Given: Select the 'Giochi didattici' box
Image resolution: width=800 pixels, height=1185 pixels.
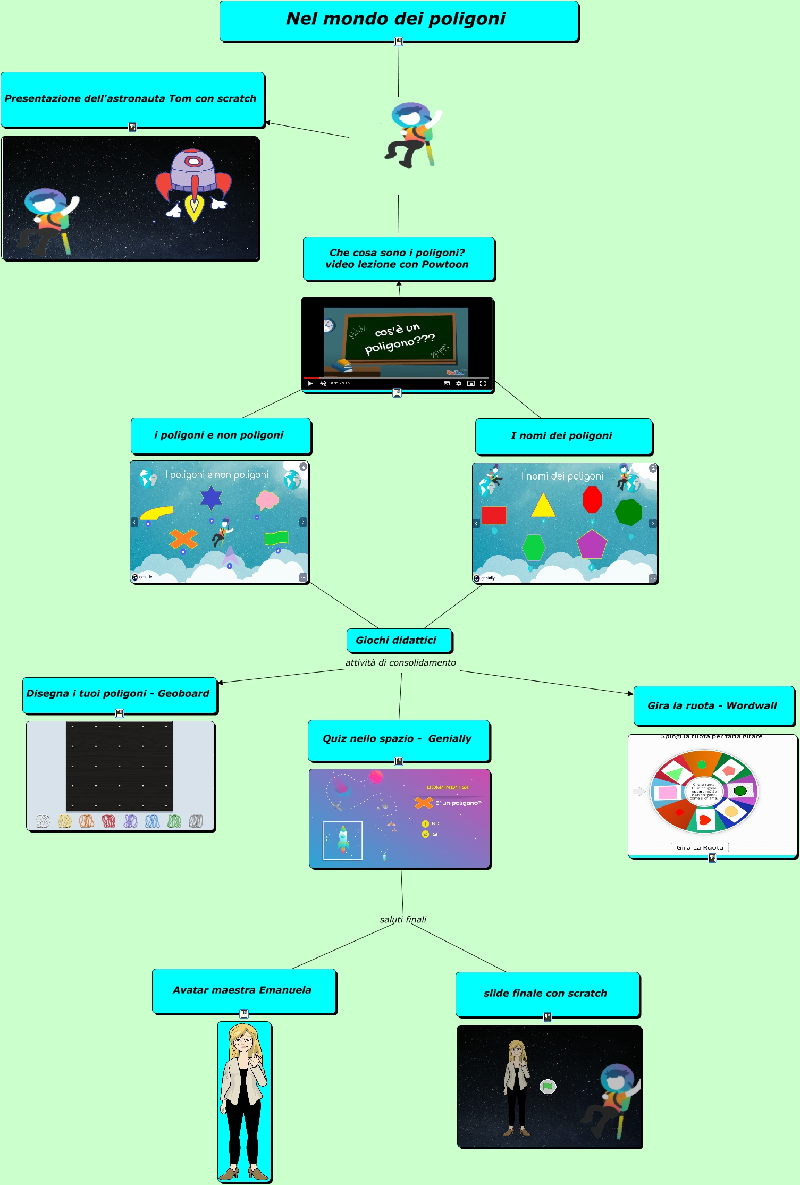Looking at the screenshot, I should point(399,640).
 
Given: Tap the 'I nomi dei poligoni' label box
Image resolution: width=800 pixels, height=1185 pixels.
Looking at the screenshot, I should point(563,436).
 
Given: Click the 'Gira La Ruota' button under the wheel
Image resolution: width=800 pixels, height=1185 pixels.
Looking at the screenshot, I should point(700,847).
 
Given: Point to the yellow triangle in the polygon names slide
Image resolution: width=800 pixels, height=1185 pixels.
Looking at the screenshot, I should point(543,506).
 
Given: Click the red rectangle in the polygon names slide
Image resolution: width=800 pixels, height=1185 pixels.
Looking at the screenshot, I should point(494,515).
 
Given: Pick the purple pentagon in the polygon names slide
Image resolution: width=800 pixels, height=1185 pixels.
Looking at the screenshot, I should point(592,545).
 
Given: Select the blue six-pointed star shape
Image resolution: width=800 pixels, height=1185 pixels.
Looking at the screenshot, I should point(211,498).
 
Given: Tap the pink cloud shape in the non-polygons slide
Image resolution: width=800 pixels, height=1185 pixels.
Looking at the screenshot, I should point(267,500).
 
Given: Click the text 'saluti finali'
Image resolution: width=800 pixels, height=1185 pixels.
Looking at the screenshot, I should point(403,919).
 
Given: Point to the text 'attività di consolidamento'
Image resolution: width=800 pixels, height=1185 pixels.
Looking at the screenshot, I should point(400,662).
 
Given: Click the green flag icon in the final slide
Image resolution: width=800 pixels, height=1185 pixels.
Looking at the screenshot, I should point(548,1087).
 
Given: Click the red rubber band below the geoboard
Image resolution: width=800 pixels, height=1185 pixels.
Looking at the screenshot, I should point(108,821).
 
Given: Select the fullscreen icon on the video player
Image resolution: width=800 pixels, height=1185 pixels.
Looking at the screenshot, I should point(483,383).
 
